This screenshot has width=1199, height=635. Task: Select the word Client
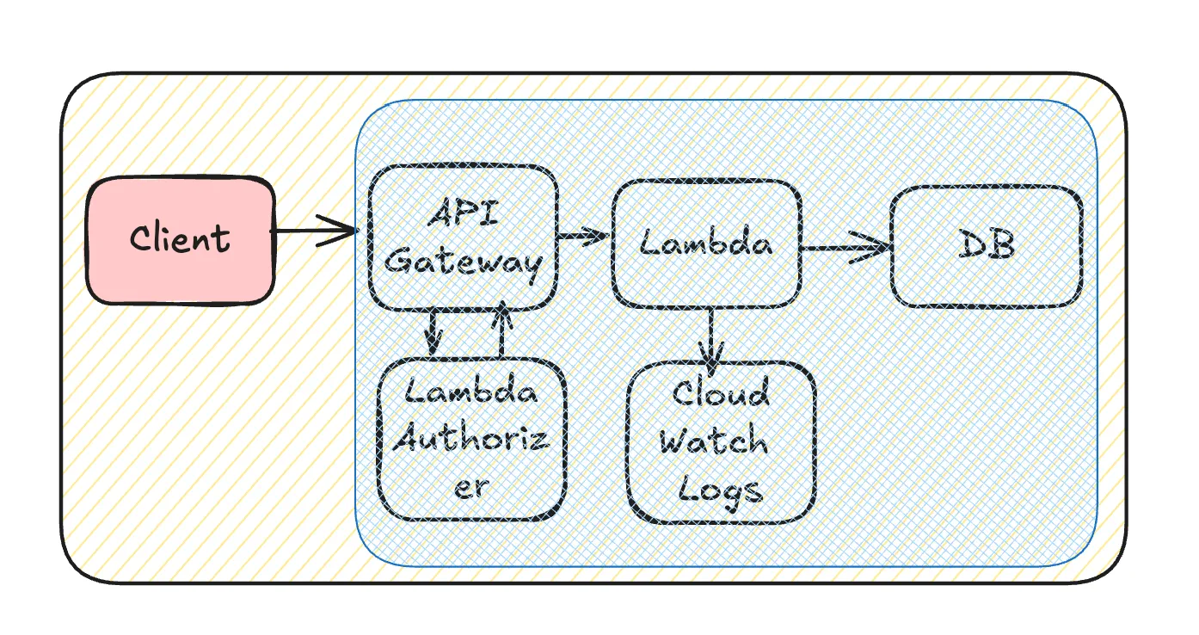181,237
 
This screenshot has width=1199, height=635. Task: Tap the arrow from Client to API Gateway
314,231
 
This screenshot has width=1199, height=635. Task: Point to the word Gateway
464,262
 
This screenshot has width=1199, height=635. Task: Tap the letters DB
987,245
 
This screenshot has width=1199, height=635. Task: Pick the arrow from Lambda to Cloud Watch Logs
711,340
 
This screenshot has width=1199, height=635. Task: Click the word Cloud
721,393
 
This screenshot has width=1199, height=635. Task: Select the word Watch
714,441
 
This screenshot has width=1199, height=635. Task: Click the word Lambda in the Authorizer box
471,392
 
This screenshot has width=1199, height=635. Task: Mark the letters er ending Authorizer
470,487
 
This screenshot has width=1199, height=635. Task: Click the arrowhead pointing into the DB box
877,249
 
